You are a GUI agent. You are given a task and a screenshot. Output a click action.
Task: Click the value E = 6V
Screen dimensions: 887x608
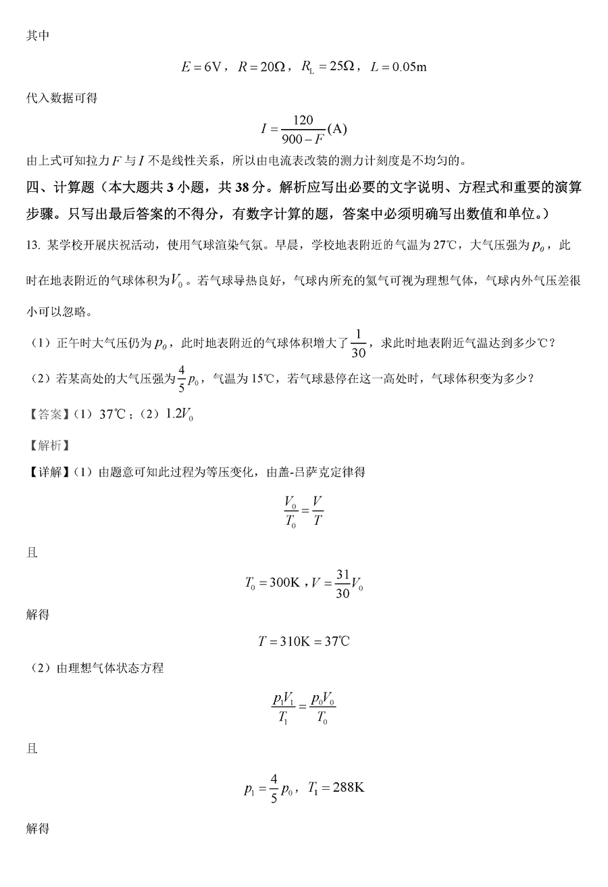(x=202, y=66)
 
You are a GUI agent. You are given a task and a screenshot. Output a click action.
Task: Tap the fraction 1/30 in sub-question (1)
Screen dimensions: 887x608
(x=359, y=343)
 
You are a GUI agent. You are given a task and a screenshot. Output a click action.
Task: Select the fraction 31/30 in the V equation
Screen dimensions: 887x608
(x=343, y=583)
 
